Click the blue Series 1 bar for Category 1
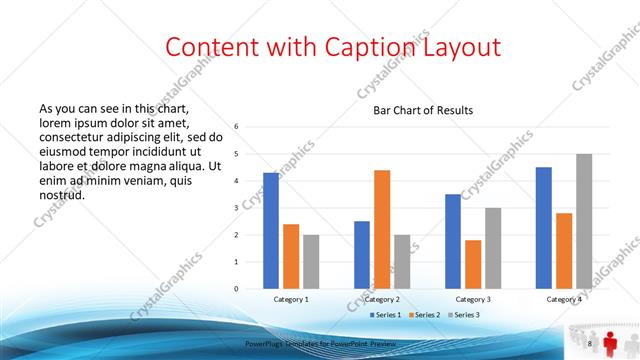[271, 230]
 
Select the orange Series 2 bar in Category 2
[382, 229]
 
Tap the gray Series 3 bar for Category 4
[584, 221]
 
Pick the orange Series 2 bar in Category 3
[473, 264]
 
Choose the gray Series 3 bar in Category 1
[311, 261]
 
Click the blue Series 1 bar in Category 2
[362, 254]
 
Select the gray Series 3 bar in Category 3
[493, 248]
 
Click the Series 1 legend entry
[385, 315]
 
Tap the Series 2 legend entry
[425, 315]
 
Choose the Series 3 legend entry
[465, 315]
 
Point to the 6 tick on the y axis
[236, 127]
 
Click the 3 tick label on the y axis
[236, 208]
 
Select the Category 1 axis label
[291, 299]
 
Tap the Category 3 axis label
[473, 299]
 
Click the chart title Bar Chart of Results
[423, 110]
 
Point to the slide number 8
[589, 344]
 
